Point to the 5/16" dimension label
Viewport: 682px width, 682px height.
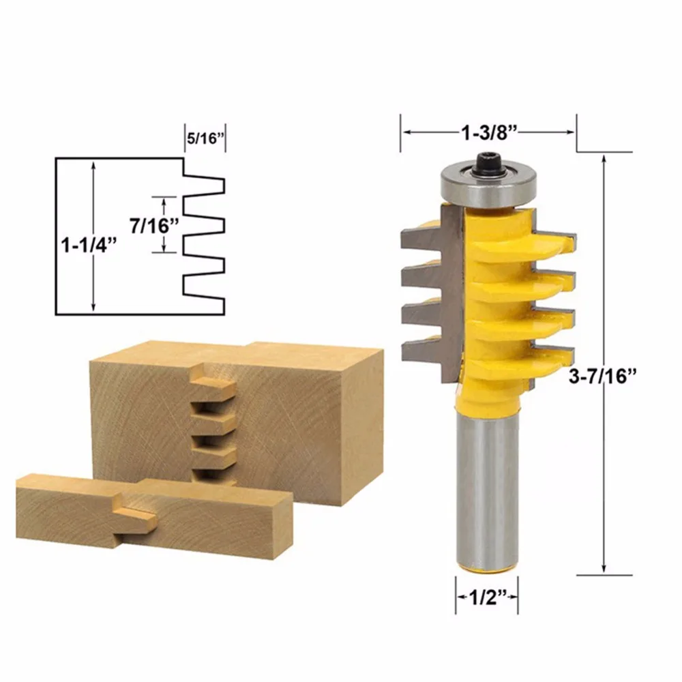205,138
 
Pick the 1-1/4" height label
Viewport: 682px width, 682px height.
89,246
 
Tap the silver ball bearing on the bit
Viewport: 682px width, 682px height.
488,185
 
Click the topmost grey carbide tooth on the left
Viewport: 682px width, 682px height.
422,241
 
